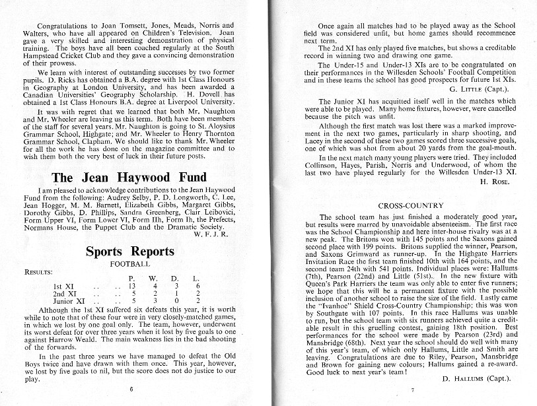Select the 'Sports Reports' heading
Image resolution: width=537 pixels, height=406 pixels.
(x=129, y=252)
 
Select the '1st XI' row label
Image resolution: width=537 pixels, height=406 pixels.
(x=63, y=287)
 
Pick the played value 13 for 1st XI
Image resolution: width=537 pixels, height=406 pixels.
(x=131, y=287)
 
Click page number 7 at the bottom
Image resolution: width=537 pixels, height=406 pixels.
(x=404, y=389)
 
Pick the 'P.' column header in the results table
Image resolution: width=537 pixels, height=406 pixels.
(x=131, y=279)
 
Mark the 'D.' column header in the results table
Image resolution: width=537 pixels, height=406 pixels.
(x=174, y=279)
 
